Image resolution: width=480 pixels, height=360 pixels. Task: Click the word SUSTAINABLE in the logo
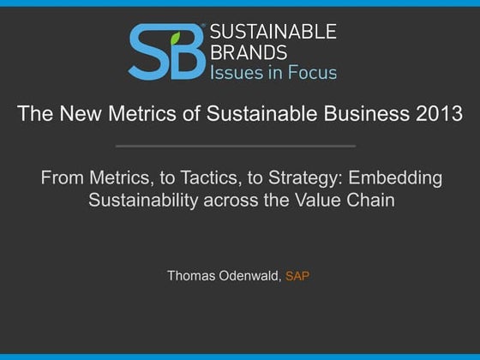273,33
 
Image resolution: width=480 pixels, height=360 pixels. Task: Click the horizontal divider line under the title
235,146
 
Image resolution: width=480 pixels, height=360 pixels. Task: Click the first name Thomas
194,276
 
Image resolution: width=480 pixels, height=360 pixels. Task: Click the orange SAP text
297,276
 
